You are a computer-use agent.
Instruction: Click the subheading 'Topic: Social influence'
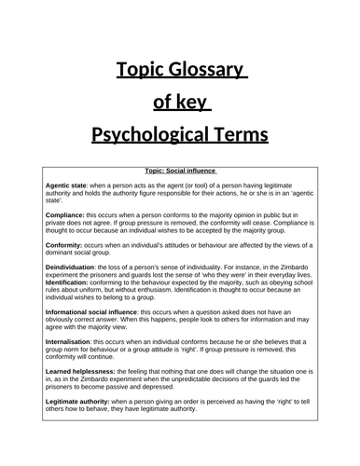[181, 171]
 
